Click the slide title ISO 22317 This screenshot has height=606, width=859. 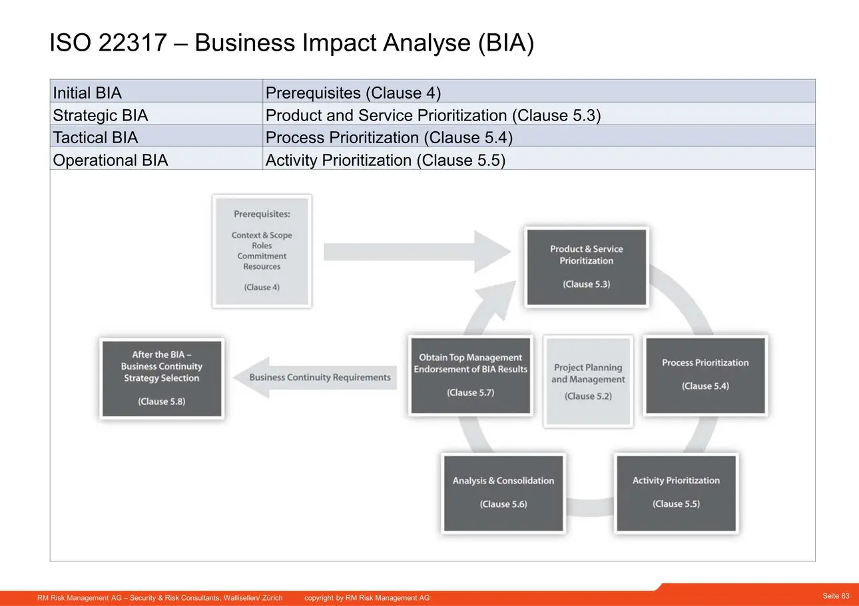[291, 43]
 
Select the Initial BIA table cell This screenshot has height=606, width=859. [156, 92]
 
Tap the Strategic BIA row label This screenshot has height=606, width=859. [156, 115]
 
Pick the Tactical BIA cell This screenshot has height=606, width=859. [156, 137]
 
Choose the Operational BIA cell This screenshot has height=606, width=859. [156, 160]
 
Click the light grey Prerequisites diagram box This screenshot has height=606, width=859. [262, 250]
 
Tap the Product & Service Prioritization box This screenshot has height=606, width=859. [586, 266]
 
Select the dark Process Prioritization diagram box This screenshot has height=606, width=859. [705, 375]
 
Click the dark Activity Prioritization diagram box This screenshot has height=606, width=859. [676, 492]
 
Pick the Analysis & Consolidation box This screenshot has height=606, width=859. [503, 492]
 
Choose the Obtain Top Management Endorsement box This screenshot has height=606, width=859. [470, 375]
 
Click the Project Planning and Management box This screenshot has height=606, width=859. [588, 381]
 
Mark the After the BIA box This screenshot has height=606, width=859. [161, 378]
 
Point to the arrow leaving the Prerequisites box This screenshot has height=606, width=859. [413, 251]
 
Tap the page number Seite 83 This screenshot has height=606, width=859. [836, 595]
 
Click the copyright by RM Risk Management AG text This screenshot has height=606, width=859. [367, 598]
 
